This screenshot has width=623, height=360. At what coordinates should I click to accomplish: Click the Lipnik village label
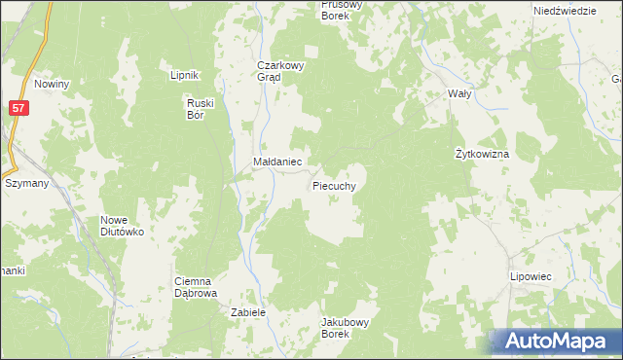click(x=184, y=75)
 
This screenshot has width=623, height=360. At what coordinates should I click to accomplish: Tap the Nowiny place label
click(x=52, y=84)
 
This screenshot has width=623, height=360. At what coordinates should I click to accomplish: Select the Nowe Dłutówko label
click(x=122, y=226)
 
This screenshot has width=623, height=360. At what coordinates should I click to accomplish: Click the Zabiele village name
click(x=248, y=312)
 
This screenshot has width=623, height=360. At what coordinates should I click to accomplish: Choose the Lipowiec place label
click(x=531, y=276)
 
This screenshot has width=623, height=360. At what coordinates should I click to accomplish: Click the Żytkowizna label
click(x=483, y=154)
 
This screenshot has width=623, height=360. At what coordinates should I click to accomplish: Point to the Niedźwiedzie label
click(x=565, y=10)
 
